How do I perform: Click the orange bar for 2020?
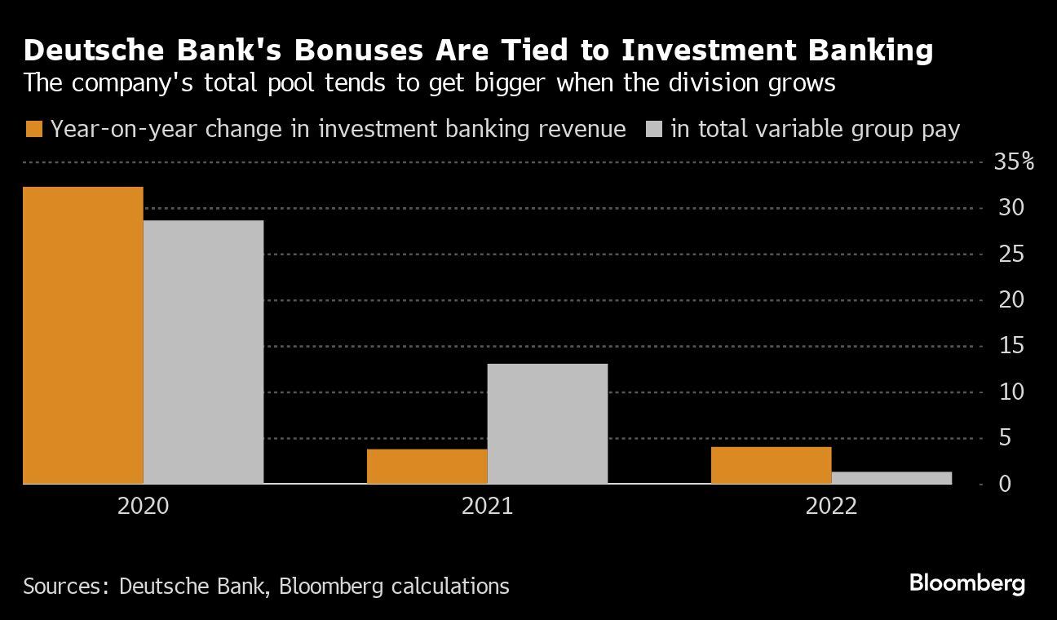(83, 335)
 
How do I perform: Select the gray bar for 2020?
(204, 352)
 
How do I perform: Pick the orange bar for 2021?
(427, 467)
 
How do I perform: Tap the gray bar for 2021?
(547, 423)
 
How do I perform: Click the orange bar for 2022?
(771, 465)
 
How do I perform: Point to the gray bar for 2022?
(891, 478)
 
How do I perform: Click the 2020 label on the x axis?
(144, 507)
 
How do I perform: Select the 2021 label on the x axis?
(487, 507)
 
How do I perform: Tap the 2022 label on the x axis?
(831, 507)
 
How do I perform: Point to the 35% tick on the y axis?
(1014, 162)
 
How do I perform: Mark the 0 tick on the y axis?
(1006, 484)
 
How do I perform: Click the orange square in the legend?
(33, 129)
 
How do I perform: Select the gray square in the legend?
(654, 129)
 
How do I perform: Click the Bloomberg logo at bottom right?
(966, 584)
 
